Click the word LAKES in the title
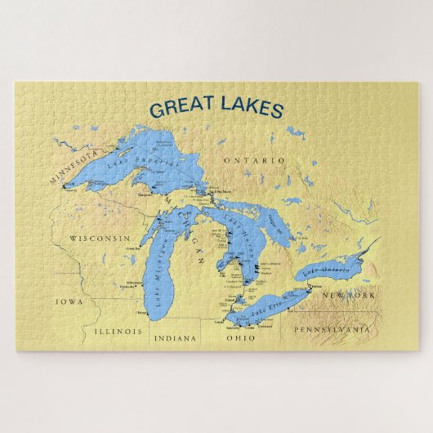248,108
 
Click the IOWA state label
69,301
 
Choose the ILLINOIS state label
118,332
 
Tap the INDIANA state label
176,337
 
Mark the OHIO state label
240,337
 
